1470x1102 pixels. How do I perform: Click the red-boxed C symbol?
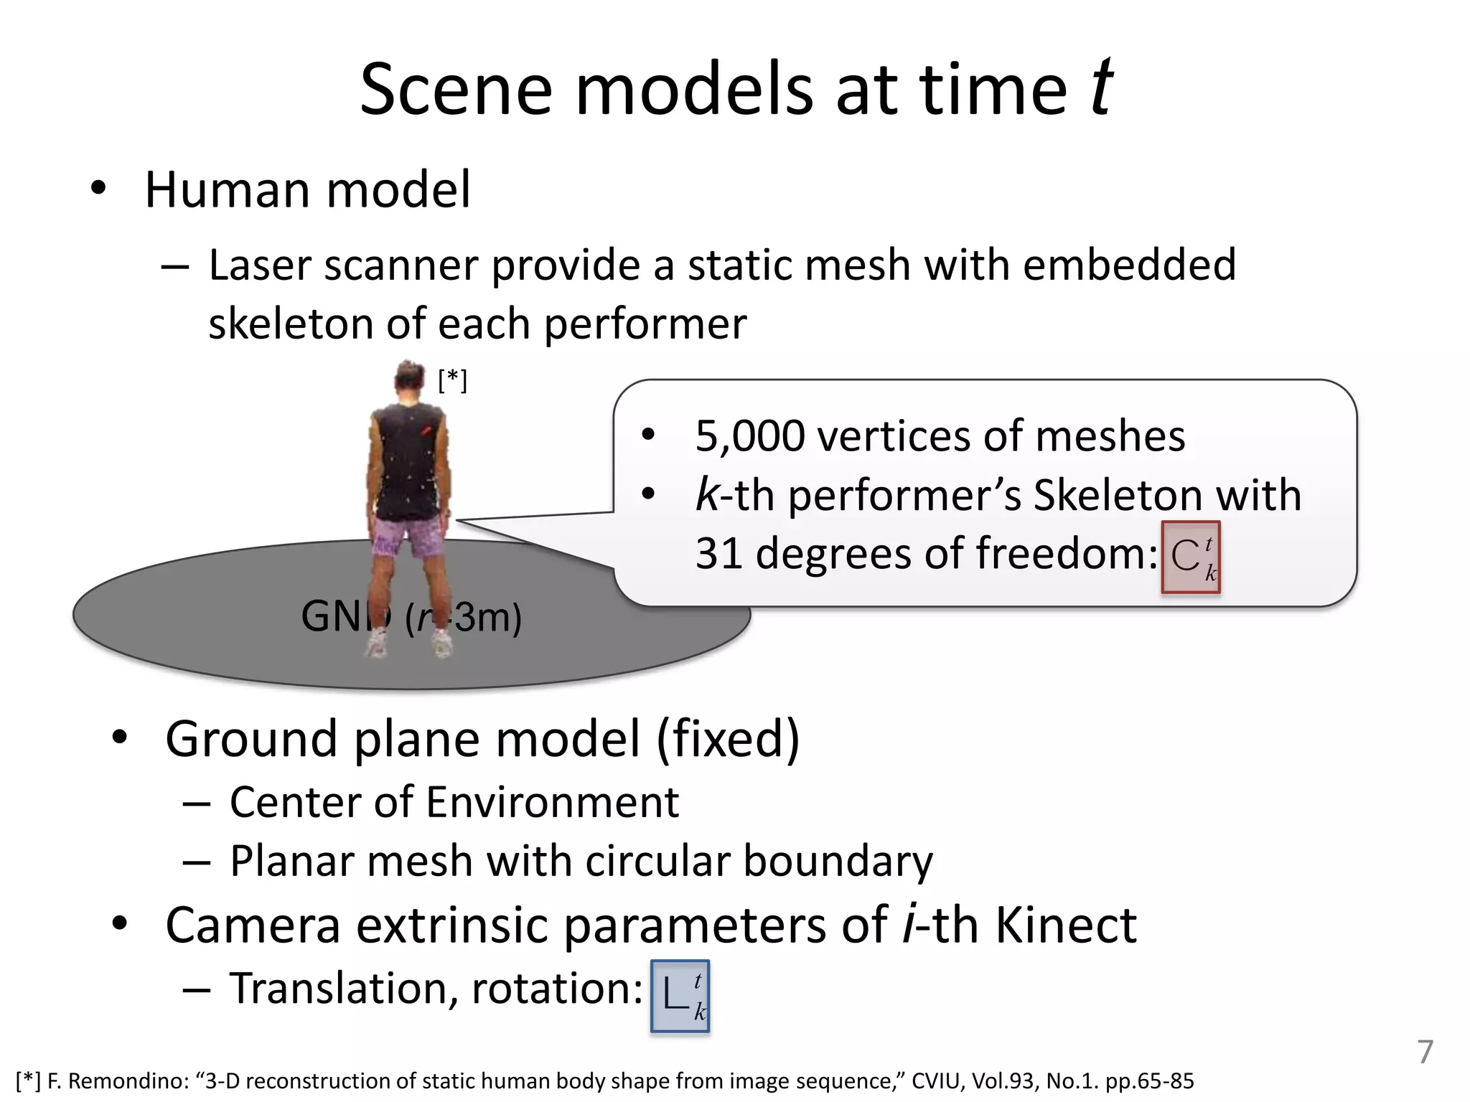pos(1191,557)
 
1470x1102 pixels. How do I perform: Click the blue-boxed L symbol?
pos(680,996)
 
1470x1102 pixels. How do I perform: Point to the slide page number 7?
pos(1425,1052)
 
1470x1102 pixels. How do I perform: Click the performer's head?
pos(410,378)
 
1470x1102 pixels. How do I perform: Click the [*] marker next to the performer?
pos(453,380)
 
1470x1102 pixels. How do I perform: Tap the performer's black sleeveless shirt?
pos(407,459)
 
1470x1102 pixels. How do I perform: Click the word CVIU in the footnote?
pos(937,1081)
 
